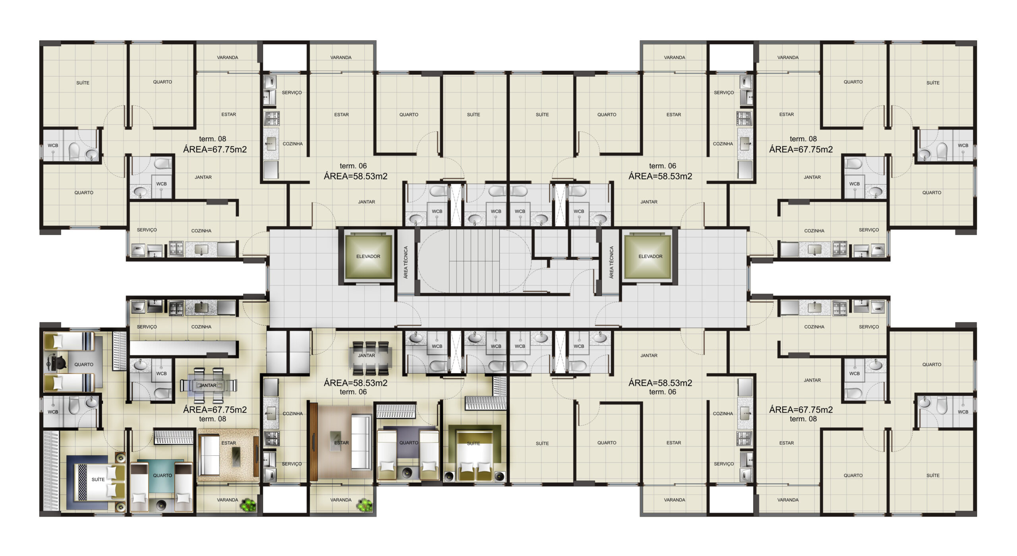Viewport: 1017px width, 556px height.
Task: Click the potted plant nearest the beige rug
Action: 249,505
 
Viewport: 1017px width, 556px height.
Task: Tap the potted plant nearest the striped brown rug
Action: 364,505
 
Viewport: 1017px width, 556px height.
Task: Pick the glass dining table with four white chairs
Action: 209,385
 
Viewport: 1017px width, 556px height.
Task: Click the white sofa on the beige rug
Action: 209,455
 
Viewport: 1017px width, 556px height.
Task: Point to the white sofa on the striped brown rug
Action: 361,442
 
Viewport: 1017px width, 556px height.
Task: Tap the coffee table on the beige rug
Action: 236,457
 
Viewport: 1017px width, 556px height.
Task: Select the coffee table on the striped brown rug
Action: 339,441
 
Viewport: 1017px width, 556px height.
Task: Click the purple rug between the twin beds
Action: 408,442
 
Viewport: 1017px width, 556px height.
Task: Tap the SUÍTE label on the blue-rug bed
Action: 98,479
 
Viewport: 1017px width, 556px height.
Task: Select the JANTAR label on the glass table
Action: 208,385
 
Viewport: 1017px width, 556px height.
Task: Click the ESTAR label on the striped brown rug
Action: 341,443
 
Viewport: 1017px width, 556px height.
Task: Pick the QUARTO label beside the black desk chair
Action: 84,364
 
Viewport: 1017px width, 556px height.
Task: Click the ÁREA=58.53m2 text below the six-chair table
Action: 355,383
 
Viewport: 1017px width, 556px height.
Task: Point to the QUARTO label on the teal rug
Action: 162,475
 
